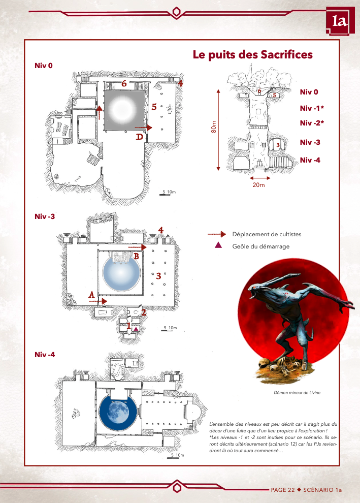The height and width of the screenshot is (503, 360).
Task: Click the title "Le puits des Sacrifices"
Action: coord(252,55)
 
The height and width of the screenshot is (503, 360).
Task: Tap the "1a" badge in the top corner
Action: coord(340,21)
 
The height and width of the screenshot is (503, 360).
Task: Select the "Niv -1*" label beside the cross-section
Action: coord(312,109)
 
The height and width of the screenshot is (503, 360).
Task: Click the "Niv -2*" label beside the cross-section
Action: coord(312,123)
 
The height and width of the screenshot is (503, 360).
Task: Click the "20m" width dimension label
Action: coord(259,185)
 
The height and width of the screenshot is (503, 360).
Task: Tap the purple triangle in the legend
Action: coord(218,246)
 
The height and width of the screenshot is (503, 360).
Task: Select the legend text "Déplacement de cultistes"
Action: coord(267,234)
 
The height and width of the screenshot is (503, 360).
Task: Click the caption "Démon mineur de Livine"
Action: coord(297,393)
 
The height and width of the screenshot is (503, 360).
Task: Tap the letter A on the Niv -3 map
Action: coord(91,294)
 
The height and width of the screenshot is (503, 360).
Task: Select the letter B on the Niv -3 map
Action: coord(136,257)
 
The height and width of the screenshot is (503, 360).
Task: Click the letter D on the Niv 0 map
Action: coord(139,136)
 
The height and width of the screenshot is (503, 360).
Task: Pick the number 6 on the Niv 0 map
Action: coord(124,84)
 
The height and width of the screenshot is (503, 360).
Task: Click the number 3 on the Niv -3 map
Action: coord(158,276)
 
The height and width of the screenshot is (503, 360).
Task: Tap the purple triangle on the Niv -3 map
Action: coord(137,329)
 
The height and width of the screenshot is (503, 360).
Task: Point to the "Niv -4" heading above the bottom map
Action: coord(45,355)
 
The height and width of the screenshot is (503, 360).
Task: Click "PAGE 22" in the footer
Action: coord(283,490)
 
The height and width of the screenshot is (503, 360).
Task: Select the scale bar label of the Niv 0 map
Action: coord(169,192)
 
